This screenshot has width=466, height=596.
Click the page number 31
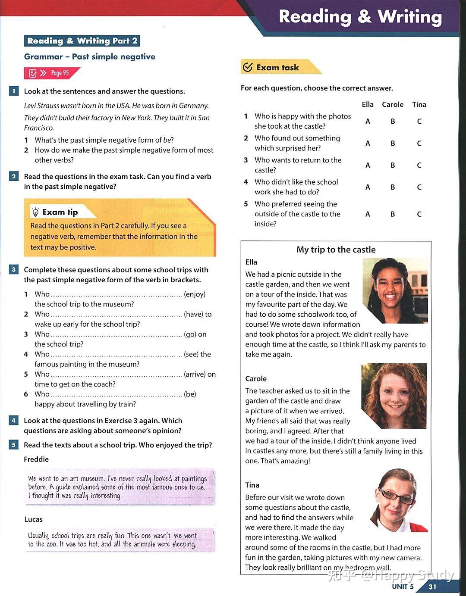[432, 587]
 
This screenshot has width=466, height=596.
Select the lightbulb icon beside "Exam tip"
[35, 212]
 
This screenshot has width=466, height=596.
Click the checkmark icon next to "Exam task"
[248, 67]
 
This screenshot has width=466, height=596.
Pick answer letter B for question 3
[393, 165]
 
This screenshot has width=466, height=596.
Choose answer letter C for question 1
[419, 122]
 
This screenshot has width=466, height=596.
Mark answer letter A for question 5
[368, 214]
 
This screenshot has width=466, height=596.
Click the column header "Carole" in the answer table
[393, 104]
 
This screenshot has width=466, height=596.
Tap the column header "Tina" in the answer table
[419, 104]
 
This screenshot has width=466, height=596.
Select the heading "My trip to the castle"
[336, 250]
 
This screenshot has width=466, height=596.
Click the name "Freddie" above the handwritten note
[36, 459]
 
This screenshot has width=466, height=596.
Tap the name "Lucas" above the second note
[33, 519]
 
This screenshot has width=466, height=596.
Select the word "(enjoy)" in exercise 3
[195, 294]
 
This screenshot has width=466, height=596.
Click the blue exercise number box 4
[14, 421]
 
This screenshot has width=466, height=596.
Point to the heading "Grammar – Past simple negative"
[90, 56]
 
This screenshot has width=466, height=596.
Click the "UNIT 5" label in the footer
[403, 587]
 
